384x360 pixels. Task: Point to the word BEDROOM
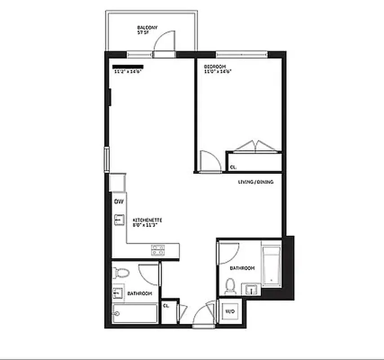tap(214, 67)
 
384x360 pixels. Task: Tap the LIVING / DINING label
tap(255, 182)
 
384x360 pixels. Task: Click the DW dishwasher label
tap(119, 202)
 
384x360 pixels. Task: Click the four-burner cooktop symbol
tap(157, 250)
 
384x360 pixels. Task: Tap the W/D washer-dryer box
tap(229, 311)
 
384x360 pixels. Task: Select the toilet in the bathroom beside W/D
tap(230, 286)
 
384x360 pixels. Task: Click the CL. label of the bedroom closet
tap(233, 167)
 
